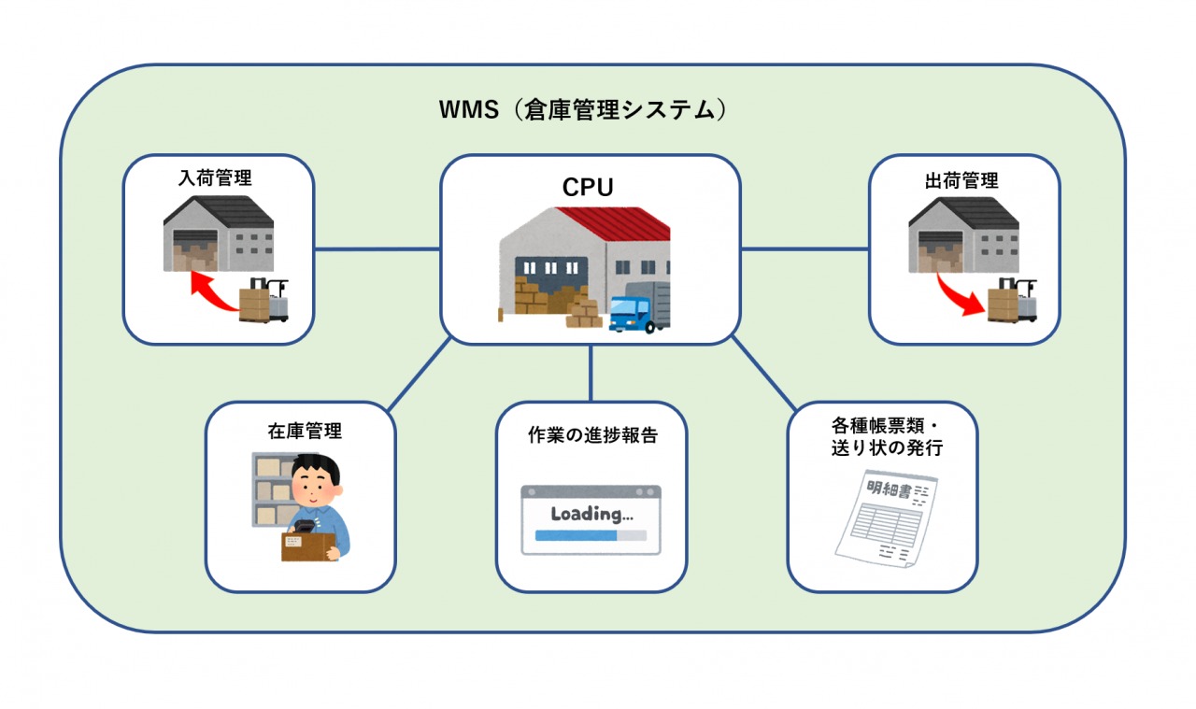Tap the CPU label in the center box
[588, 187]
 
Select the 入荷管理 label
[216, 177]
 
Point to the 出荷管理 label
[961, 179]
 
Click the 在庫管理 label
[298, 431]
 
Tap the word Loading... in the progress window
[591, 514]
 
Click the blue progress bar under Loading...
[576, 536]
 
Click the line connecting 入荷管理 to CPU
[377, 249]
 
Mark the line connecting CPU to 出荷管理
[804, 249]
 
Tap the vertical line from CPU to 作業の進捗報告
[591, 374]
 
